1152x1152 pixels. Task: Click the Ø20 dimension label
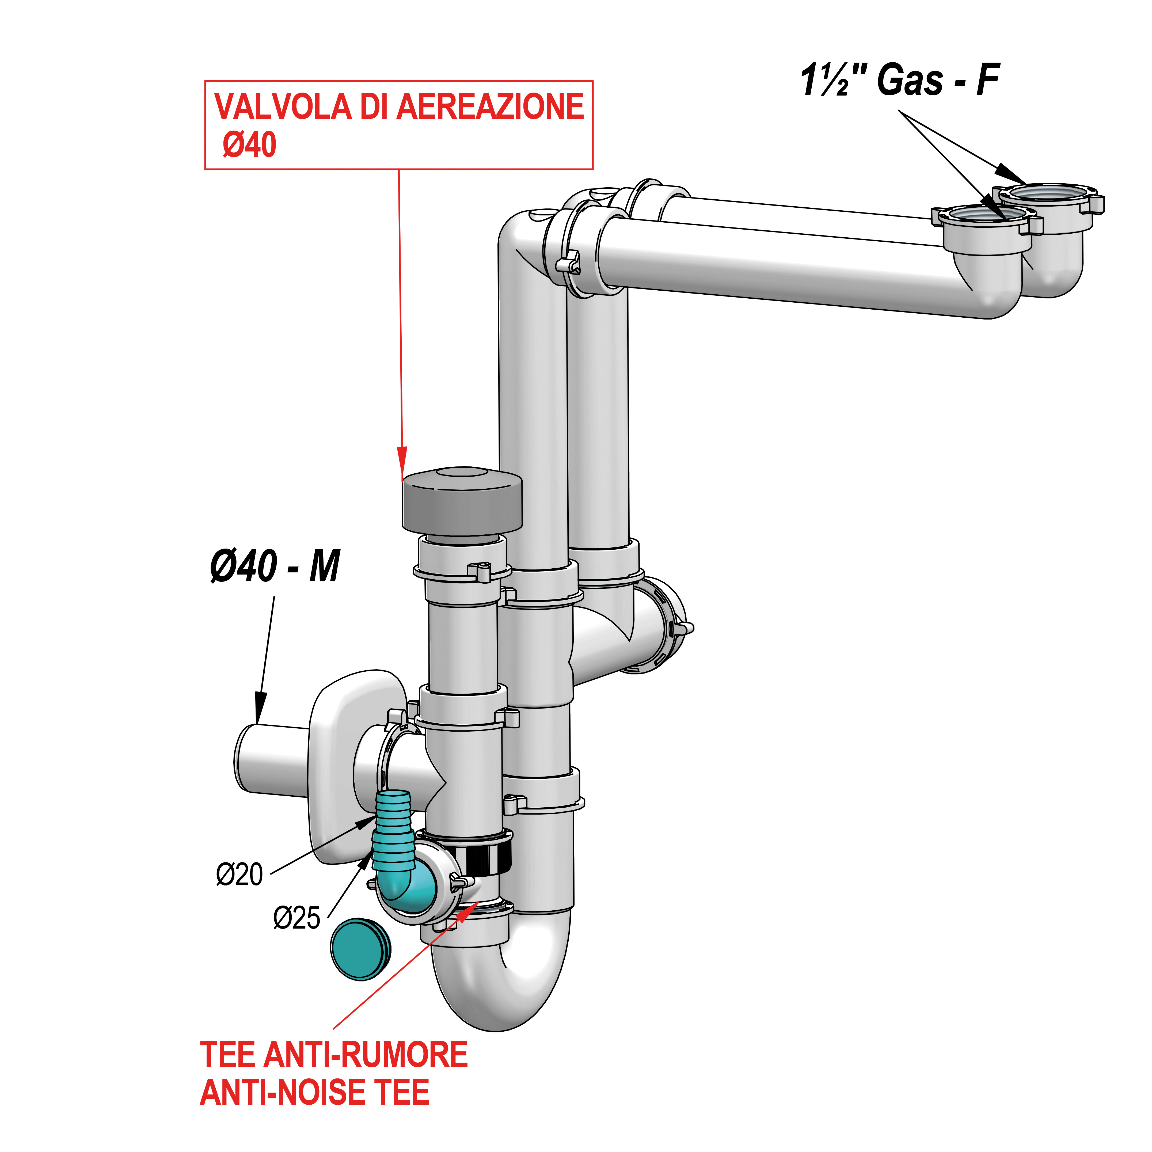pyautogui.click(x=239, y=875)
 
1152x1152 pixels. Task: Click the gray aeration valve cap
pyautogui.click(x=462, y=501)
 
